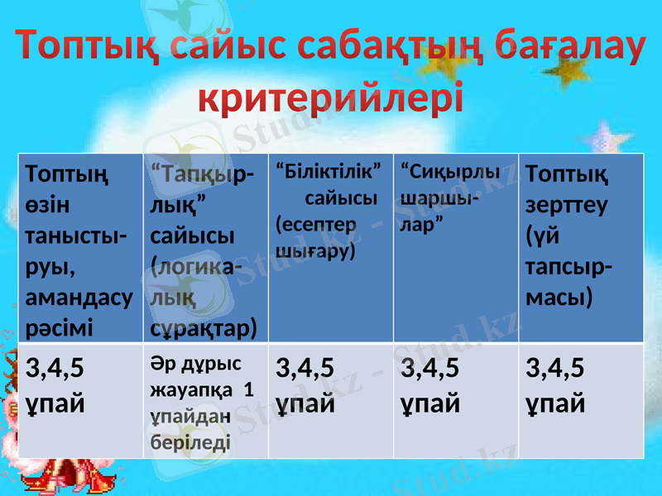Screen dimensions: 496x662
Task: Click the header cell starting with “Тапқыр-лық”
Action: [x=205, y=248]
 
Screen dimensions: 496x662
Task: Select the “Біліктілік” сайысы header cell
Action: [x=329, y=248]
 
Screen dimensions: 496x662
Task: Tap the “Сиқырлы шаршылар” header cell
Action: [x=455, y=248]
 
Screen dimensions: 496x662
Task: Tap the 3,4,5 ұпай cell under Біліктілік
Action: [x=329, y=402]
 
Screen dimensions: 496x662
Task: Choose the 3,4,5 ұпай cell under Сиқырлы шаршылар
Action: [x=455, y=402]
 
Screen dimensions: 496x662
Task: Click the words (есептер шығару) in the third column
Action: [x=315, y=236]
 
